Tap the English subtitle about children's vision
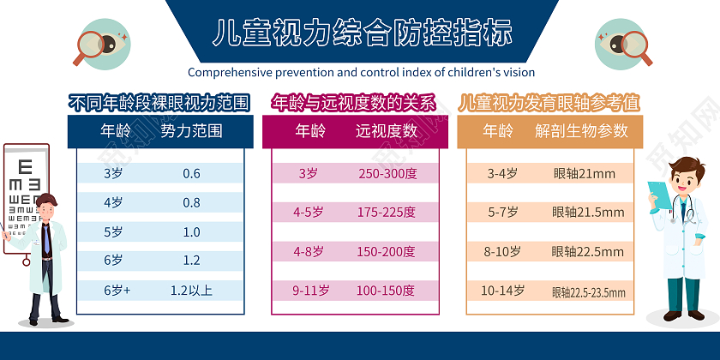coord(361,73)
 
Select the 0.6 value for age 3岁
coord(191,173)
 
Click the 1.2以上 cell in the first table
coord(191,291)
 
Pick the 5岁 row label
coord(113,232)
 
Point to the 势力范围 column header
coord(191,131)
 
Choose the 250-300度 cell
coord(387,173)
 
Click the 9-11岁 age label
coord(308,291)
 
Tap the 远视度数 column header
coord(387,131)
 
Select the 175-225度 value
coord(387,212)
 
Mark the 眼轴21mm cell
coord(585,173)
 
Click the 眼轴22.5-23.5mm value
coord(588,291)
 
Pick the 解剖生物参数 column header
coord(581,131)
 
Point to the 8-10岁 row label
coord(502,251)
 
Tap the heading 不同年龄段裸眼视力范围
coord(159,103)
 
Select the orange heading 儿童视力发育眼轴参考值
coord(549,103)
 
